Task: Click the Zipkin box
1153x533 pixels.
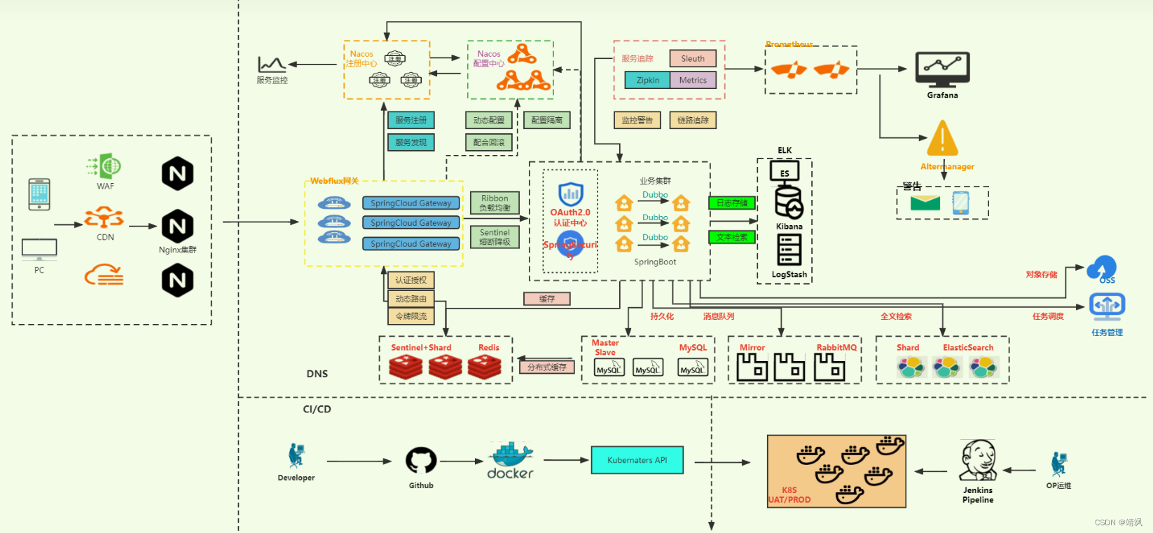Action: (647, 80)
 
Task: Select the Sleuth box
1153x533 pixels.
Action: (692, 58)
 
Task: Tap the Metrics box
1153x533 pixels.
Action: (692, 80)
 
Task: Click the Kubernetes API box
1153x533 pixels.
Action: (637, 460)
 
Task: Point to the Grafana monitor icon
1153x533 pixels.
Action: (942, 69)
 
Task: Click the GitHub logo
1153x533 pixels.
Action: (421, 461)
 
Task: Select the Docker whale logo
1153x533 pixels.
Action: (511, 456)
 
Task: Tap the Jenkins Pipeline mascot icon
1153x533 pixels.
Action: (978, 461)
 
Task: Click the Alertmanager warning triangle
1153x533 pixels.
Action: (942, 139)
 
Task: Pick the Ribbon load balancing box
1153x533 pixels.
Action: (495, 203)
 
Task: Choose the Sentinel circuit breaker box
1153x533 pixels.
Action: (495, 237)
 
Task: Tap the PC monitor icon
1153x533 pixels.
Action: (39, 249)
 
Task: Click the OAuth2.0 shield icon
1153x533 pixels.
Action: (570, 194)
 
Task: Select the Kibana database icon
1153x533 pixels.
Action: (789, 203)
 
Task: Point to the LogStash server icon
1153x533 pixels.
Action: (789, 250)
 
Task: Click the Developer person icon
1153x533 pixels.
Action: (296, 456)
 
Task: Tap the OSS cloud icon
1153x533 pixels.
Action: (1102, 267)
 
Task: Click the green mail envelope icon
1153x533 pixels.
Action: (925, 203)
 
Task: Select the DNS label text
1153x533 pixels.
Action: (317, 374)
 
